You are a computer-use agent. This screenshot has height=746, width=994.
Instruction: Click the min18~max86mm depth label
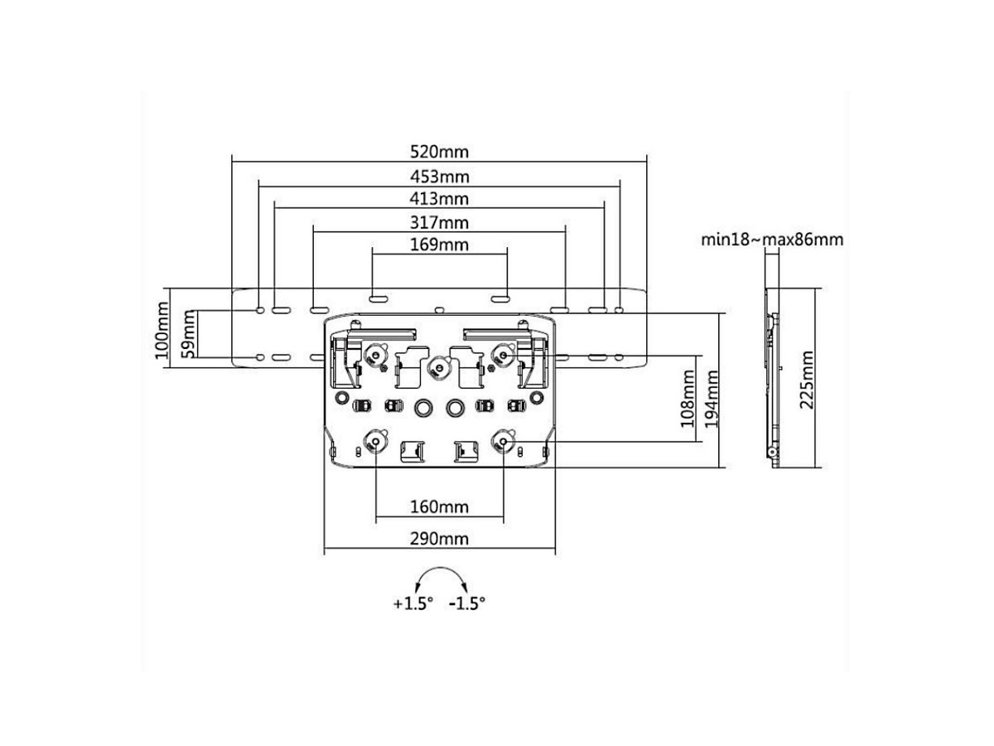[772, 240]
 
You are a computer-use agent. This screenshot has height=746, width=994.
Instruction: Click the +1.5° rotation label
[413, 603]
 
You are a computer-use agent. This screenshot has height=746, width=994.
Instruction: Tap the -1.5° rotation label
[466, 603]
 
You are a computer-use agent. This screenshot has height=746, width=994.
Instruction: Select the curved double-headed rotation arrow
[440, 578]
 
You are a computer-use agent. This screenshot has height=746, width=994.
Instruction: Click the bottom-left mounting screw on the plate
[376, 441]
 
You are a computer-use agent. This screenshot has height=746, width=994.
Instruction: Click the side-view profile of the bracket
[772, 377]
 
